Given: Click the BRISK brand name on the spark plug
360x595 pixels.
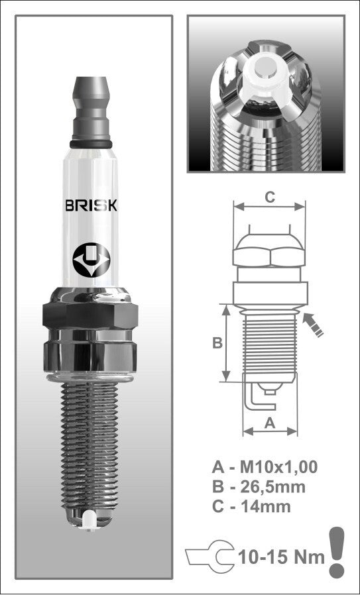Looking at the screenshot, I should coord(91,205).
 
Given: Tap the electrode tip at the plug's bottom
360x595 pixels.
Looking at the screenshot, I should coord(91,517).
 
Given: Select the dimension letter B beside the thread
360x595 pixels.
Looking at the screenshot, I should coord(216,343).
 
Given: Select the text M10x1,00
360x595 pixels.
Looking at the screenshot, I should coord(278,467).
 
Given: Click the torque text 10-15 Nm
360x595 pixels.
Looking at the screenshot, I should coord(281,555).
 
